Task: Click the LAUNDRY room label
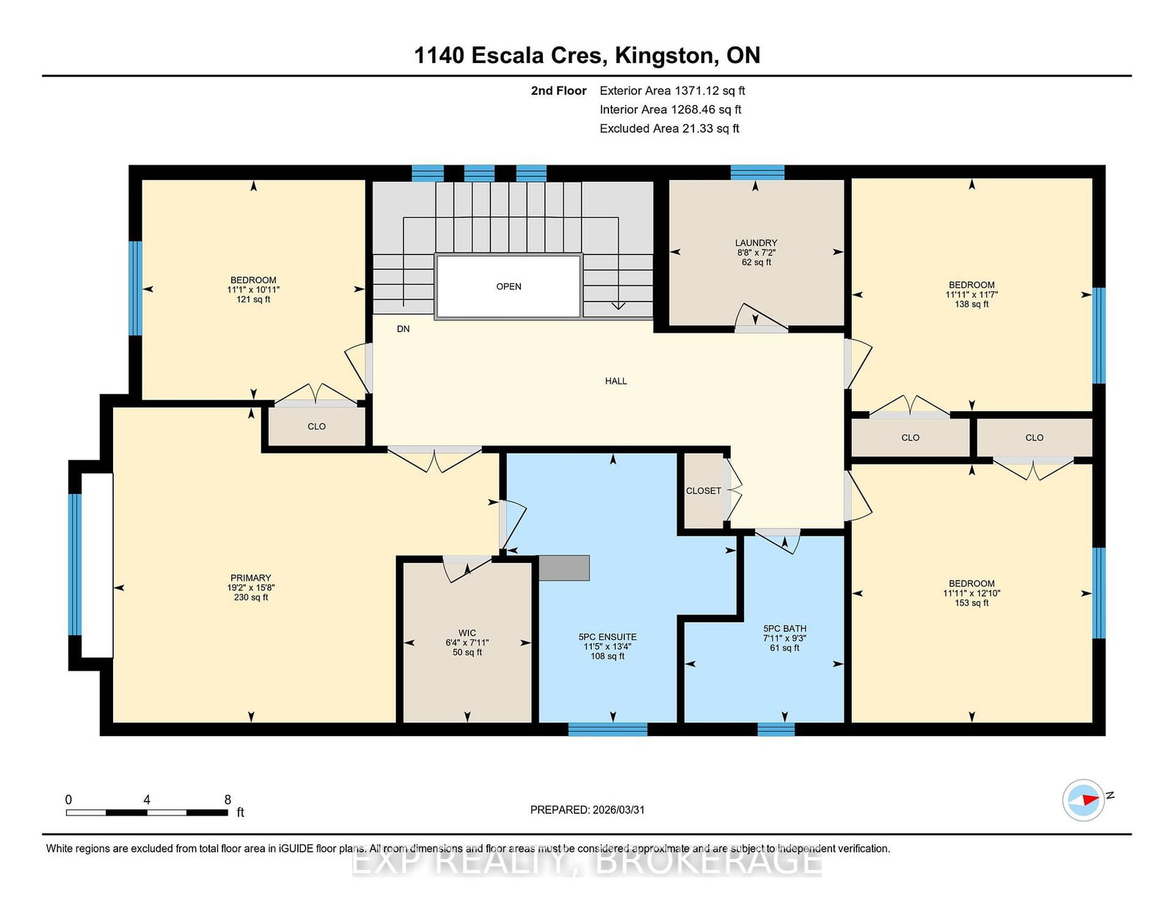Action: [x=756, y=243]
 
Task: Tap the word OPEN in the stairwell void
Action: [x=509, y=286]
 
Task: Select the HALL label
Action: [x=616, y=381]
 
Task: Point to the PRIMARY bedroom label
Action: [x=251, y=578]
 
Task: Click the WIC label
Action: [x=467, y=633]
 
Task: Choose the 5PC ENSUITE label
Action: [x=608, y=636]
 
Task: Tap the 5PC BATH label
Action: [x=785, y=628]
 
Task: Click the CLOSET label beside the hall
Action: [x=704, y=491]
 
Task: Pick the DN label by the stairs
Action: [x=403, y=329]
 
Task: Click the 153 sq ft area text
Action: [x=971, y=603]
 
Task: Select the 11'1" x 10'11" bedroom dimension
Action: [x=253, y=290]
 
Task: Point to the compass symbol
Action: [x=1084, y=800]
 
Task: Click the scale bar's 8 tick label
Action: [x=227, y=799]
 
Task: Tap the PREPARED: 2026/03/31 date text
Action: [x=587, y=810]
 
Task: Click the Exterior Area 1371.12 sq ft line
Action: [x=672, y=91]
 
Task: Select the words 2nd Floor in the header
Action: [x=558, y=91]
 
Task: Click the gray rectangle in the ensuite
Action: [x=564, y=568]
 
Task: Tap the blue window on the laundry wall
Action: [x=757, y=172]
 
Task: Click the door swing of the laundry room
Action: [x=761, y=317]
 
